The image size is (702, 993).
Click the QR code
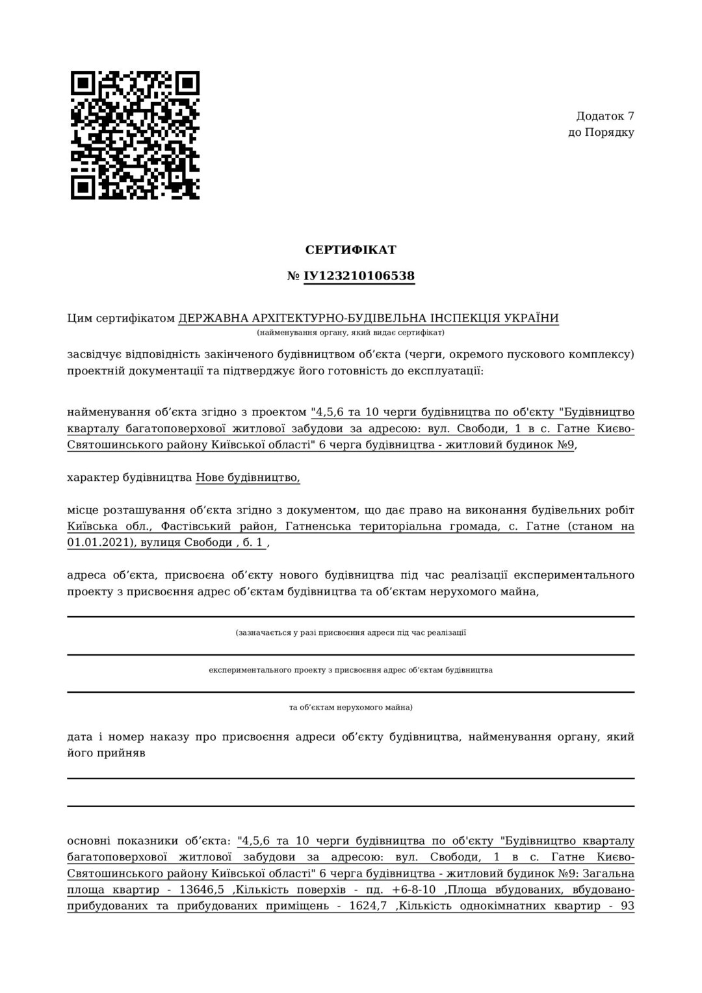coord(135,135)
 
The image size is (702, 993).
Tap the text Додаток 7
coord(604,116)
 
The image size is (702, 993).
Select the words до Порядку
coord(601,133)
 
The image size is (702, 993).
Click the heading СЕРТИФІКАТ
coord(350,250)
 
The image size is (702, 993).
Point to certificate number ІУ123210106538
coord(359,276)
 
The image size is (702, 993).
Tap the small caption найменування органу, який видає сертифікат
coord(350,333)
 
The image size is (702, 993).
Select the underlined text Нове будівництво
coord(248,478)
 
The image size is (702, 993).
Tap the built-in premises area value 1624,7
coord(368,906)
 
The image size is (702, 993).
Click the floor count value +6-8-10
coord(414,890)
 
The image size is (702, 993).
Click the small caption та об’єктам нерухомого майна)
coord(350,707)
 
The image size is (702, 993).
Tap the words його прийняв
coord(106,753)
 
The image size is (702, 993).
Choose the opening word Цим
coord(79,318)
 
